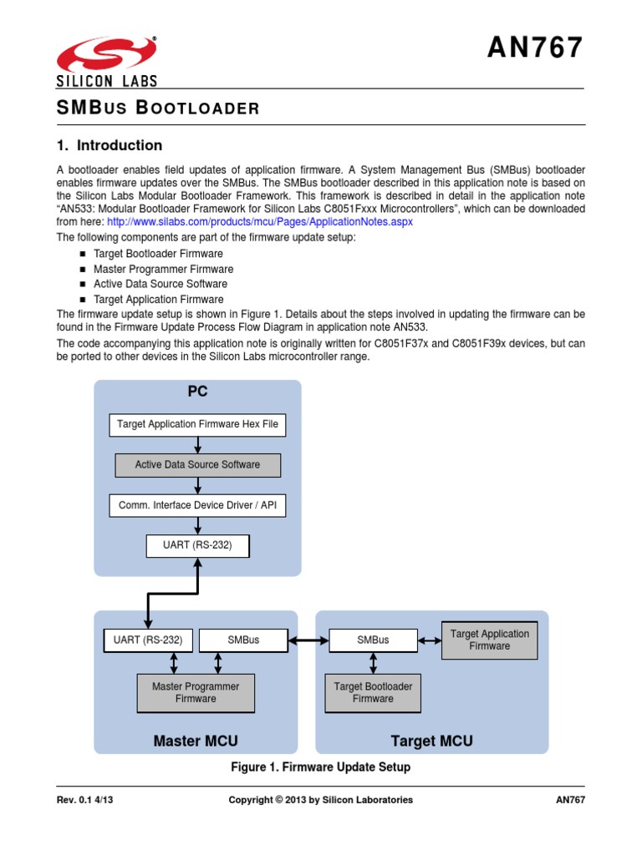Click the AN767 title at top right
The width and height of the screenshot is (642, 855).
pyautogui.click(x=535, y=49)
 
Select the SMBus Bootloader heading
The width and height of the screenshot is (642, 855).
pyautogui.click(x=158, y=107)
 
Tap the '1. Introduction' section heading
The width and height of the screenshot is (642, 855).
pyautogui.click(x=109, y=145)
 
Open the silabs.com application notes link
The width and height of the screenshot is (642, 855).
pyautogui.click(x=260, y=223)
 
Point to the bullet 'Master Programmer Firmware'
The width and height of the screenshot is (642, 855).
pyautogui.click(x=163, y=269)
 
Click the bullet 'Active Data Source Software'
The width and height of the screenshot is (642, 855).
pyautogui.click(x=160, y=284)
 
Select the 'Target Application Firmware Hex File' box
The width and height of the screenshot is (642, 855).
pyautogui.click(x=197, y=424)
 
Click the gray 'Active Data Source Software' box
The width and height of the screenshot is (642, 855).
pyautogui.click(x=197, y=465)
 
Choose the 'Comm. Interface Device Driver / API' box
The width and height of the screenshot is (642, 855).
pyautogui.click(x=197, y=505)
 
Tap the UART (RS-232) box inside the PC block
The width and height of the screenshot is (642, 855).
pyautogui.click(x=197, y=546)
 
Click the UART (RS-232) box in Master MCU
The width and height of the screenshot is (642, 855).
pyautogui.click(x=148, y=640)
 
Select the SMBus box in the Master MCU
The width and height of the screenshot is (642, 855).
pyautogui.click(x=243, y=640)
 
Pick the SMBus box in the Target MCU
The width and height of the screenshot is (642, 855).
pyautogui.click(x=373, y=640)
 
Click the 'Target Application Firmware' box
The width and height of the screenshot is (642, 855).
pyautogui.click(x=489, y=640)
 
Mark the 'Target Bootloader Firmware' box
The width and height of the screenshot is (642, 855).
pyautogui.click(x=373, y=693)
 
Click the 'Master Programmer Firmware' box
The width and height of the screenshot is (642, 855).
pyautogui.click(x=196, y=693)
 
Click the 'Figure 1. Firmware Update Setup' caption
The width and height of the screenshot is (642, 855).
pyautogui.click(x=321, y=766)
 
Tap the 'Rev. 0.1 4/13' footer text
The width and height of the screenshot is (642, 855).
pyautogui.click(x=85, y=800)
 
